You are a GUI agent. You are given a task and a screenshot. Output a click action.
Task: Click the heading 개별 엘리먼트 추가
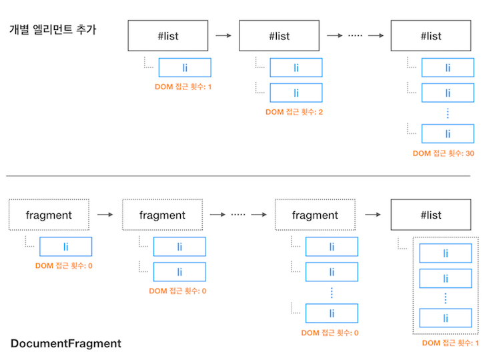tap(53, 29)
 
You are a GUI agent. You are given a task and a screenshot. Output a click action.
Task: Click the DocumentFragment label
tap(66, 343)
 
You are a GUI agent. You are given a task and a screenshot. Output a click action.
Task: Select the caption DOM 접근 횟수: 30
tap(443, 153)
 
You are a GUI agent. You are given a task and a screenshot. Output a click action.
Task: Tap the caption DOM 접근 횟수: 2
tap(294, 112)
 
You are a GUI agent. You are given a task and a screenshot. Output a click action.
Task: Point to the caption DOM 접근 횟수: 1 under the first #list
tap(183, 87)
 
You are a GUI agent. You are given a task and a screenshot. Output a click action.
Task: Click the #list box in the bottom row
tap(431, 215)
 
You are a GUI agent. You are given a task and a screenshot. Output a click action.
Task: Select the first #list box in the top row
tap(168, 36)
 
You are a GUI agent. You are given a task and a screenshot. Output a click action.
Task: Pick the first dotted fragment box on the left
tap(49, 215)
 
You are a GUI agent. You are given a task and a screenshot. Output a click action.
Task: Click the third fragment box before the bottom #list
tap(315, 215)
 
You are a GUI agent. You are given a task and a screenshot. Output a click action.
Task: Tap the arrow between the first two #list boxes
tap(223, 36)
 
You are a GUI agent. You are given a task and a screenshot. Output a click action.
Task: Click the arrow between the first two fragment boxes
tap(105, 215)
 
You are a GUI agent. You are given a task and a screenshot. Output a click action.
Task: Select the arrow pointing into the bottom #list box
tap(373, 215)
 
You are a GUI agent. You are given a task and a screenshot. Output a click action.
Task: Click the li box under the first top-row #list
tap(185, 67)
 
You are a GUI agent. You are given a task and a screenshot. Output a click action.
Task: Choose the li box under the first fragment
tap(66, 247)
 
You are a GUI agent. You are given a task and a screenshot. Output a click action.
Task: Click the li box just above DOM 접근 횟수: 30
tap(448, 134)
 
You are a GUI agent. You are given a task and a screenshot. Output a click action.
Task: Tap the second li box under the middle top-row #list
tap(296, 93)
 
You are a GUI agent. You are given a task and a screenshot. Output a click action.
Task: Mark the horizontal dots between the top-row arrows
tap(355, 36)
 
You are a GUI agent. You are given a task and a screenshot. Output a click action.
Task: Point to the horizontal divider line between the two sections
tap(238, 176)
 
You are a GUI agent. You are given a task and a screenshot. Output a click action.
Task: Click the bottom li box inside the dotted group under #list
tap(446, 318)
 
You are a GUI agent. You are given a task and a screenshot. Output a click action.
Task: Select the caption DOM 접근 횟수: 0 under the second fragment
tap(177, 291)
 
